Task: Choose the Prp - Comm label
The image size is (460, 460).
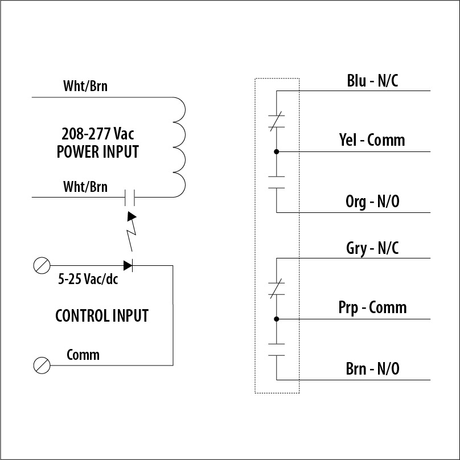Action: tap(372, 308)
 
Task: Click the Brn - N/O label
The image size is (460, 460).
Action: tap(372, 368)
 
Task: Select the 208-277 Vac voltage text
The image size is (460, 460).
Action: tap(98, 134)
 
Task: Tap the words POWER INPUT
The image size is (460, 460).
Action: tap(98, 153)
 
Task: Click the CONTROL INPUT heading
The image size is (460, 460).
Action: tap(102, 315)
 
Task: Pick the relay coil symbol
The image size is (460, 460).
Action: tap(179, 147)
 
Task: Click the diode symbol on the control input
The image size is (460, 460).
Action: tap(128, 265)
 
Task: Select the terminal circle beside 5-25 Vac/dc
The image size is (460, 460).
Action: tap(42, 265)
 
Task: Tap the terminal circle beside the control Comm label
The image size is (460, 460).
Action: tap(42, 365)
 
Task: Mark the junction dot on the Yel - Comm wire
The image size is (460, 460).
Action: tap(277, 152)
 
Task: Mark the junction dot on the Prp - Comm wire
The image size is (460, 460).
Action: tap(277, 319)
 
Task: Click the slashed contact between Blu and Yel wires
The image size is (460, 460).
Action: tap(277, 122)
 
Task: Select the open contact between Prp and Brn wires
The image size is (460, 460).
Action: tap(277, 349)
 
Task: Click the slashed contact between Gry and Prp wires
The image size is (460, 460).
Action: tap(277, 289)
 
